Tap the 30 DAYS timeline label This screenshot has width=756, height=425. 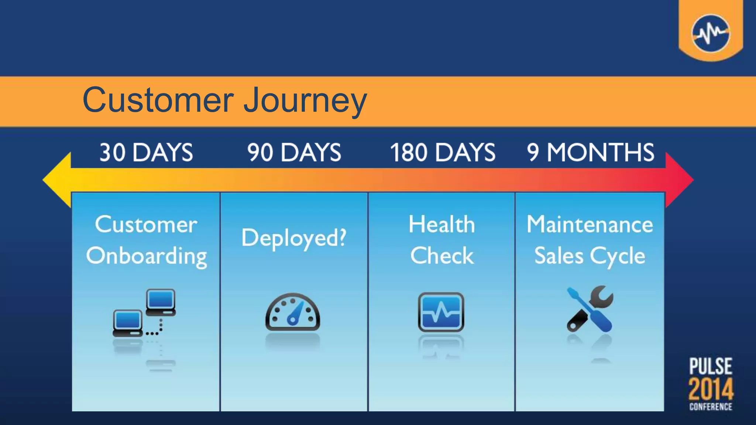coord(146,152)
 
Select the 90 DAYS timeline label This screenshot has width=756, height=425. coord(294,152)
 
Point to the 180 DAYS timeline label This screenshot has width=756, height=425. coord(443,152)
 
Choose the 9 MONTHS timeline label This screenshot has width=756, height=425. coord(591,152)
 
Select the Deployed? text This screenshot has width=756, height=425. coord(294,238)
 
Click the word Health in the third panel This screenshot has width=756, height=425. coord(442,224)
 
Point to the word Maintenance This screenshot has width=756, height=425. coord(590,224)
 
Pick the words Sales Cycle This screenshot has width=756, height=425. coord(590,256)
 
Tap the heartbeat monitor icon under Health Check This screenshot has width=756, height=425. coord(441,312)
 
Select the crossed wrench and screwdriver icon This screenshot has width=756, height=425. coord(590,309)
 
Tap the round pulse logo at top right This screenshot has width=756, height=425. coord(711,34)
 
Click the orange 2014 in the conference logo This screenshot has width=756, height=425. coord(711,389)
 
